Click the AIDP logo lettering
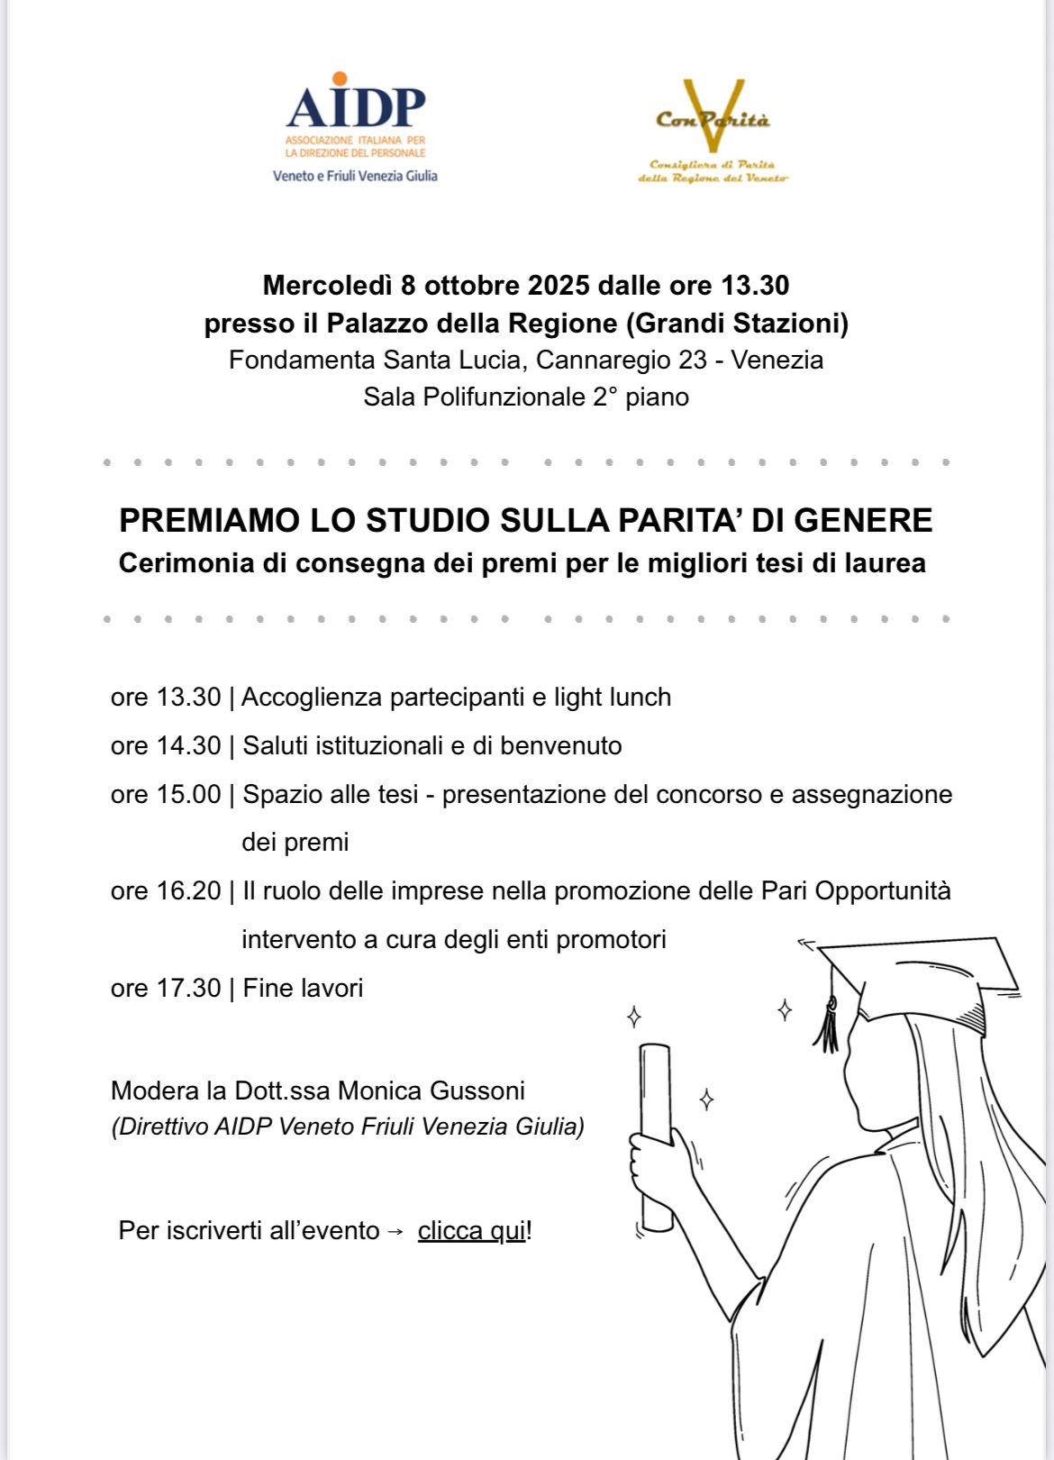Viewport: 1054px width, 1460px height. (356, 108)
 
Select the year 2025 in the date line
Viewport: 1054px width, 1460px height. (559, 286)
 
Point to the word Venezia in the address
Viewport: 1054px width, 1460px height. (777, 360)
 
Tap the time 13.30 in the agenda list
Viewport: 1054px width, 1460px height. (188, 697)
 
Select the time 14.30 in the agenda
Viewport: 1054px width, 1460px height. (188, 745)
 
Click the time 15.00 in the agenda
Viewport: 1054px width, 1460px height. (188, 794)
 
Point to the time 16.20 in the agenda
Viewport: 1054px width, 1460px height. (188, 890)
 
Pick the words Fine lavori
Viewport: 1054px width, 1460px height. (303, 988)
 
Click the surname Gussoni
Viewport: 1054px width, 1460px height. (477, 1090)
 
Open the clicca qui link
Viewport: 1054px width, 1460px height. (471, 1230)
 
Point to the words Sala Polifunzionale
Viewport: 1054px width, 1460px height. (474, 397)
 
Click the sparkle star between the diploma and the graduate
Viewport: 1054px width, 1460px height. (707, 1100)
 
